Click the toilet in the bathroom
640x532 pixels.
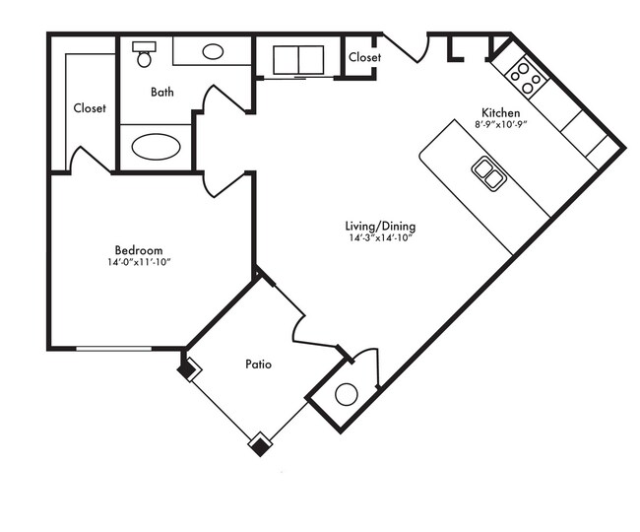coord(144,54)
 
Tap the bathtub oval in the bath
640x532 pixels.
coord(156,147)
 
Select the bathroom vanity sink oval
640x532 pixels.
coord(213,52)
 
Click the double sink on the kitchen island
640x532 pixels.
coord(489,173)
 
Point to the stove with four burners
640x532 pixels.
coord(526,78)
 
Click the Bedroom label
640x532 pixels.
coord(139,250)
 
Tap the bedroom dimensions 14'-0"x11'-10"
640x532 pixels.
coord(139,262)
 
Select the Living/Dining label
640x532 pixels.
coord(380,227)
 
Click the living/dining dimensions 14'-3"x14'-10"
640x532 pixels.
coord(380,238)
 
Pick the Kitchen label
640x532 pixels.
coord(501,112)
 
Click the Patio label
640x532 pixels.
coord(258,364)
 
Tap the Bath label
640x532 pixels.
coord(162,92)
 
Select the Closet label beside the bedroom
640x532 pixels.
coord(90,108)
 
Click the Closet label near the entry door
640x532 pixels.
coord(365,57)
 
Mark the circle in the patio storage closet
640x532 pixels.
coord(347,394)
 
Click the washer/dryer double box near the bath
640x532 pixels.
coord(298,60)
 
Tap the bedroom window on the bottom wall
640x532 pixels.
coord(114,349)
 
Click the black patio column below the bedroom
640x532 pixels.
coord(188,369)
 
